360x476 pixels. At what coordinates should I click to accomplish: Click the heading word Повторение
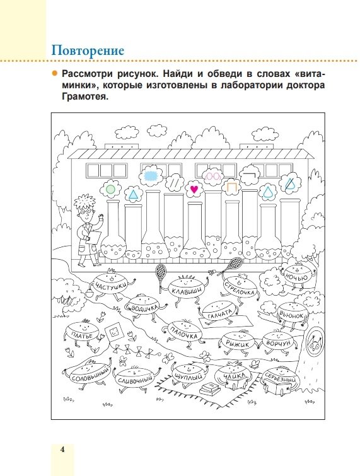pyautogui.click(x=88, y=50)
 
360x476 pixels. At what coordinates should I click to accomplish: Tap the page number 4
pyautogui.click(x=62, y=450)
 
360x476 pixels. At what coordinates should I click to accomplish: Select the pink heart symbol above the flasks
pyautogui.click(x=194, y=189)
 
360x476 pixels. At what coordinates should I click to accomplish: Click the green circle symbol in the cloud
pyautogui.click(x=110, y=189)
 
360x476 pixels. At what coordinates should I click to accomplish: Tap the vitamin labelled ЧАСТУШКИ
pyautogui.click(x=110, y=284)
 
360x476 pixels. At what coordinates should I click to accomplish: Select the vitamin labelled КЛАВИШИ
pyautogui.click(x=186, y=288)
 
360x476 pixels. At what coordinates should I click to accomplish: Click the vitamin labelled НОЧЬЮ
pyautogui.click(x=296, y=276)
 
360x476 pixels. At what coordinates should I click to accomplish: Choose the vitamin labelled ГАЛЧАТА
pyautogui.click(x=220, y=311)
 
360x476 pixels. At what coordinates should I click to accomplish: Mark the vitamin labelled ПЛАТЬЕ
pyautogui.click(x=82, y=333)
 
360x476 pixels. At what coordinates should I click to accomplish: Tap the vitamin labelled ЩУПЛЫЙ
pyautogui.click(x=188, y=374)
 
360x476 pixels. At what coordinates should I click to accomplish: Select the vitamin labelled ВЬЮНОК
pyautogui.click(x=291, y=314)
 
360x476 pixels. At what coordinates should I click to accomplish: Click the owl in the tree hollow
pyautogui.click(x=315, y=342)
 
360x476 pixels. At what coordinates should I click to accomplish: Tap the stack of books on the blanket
pyautogui.click(x=211, y=387)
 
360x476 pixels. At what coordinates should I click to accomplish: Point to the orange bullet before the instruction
pyautogui.click(x=55, y=73)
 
